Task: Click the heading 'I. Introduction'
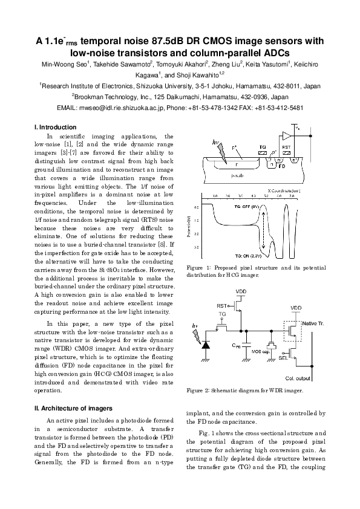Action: pos(56,127)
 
